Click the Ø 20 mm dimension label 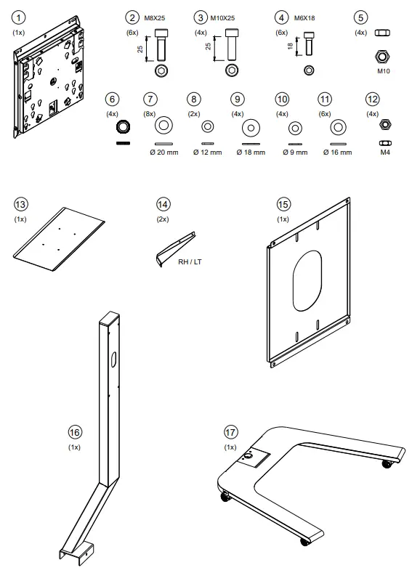coord(164,153)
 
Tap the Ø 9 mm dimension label coord(295,153)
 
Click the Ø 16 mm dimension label coord(338,153)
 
